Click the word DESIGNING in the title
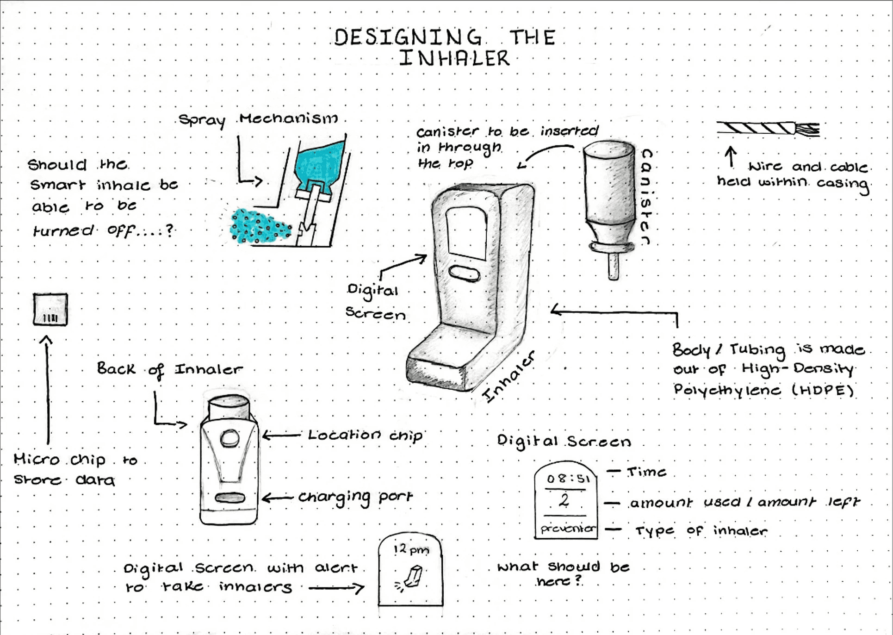[407, 37]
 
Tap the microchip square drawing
[50, 309]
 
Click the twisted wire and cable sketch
[768, 128]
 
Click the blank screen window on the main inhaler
[466, 233]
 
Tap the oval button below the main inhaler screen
[464, 273]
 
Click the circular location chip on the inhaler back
[229, 438]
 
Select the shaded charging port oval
[230, 498]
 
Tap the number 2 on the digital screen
[564, 500]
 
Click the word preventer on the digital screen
[568, 528]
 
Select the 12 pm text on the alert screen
[411, 549]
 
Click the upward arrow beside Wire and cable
[731, 156]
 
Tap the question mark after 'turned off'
[170, 230]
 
